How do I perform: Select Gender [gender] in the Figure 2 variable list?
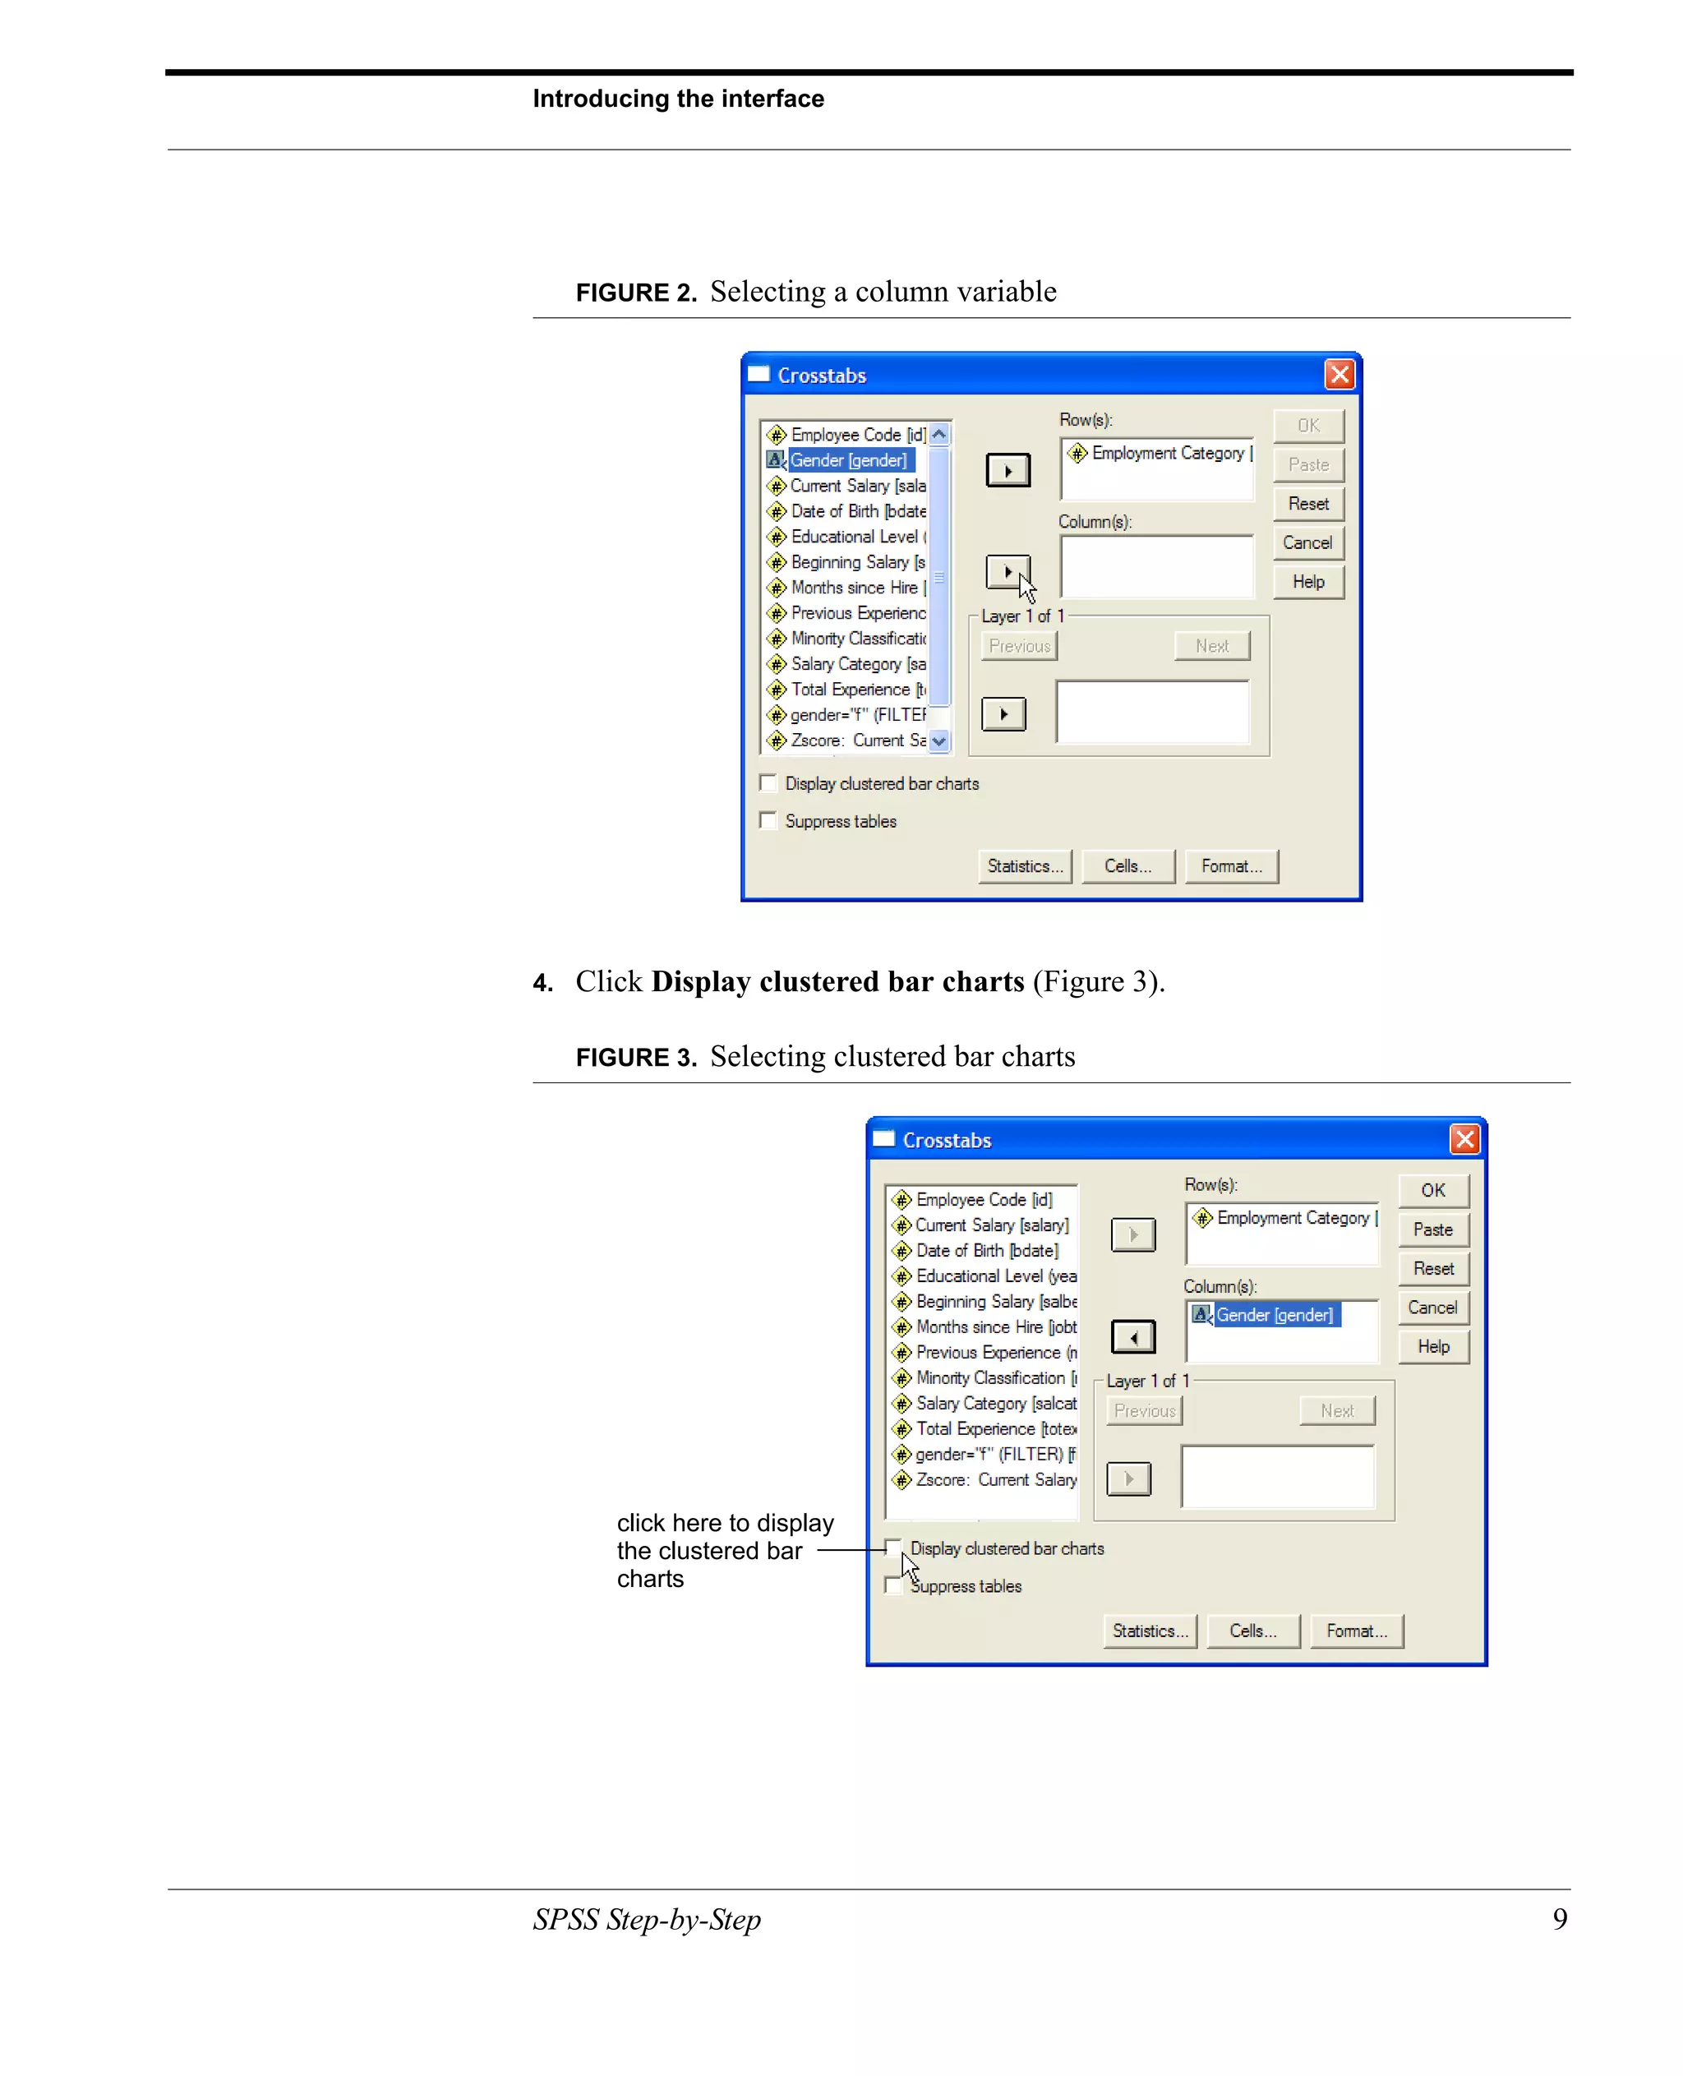point(848,460)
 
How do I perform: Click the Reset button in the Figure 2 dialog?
point(1307,503)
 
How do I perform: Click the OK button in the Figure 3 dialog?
point(1433,1190)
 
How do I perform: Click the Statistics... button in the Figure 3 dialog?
point(1150,1631)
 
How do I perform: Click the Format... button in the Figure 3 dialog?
point(1356,1631)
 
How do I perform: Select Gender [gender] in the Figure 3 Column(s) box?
point(1274,1315)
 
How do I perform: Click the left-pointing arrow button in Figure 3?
point(1132,1337)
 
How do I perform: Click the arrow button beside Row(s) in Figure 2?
point(1008,471)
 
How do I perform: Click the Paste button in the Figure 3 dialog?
point(1433,1229)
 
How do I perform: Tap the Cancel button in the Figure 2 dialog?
point(1307,543)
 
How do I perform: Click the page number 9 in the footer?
point(1560,1918)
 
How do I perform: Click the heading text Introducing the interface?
point(678,99)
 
